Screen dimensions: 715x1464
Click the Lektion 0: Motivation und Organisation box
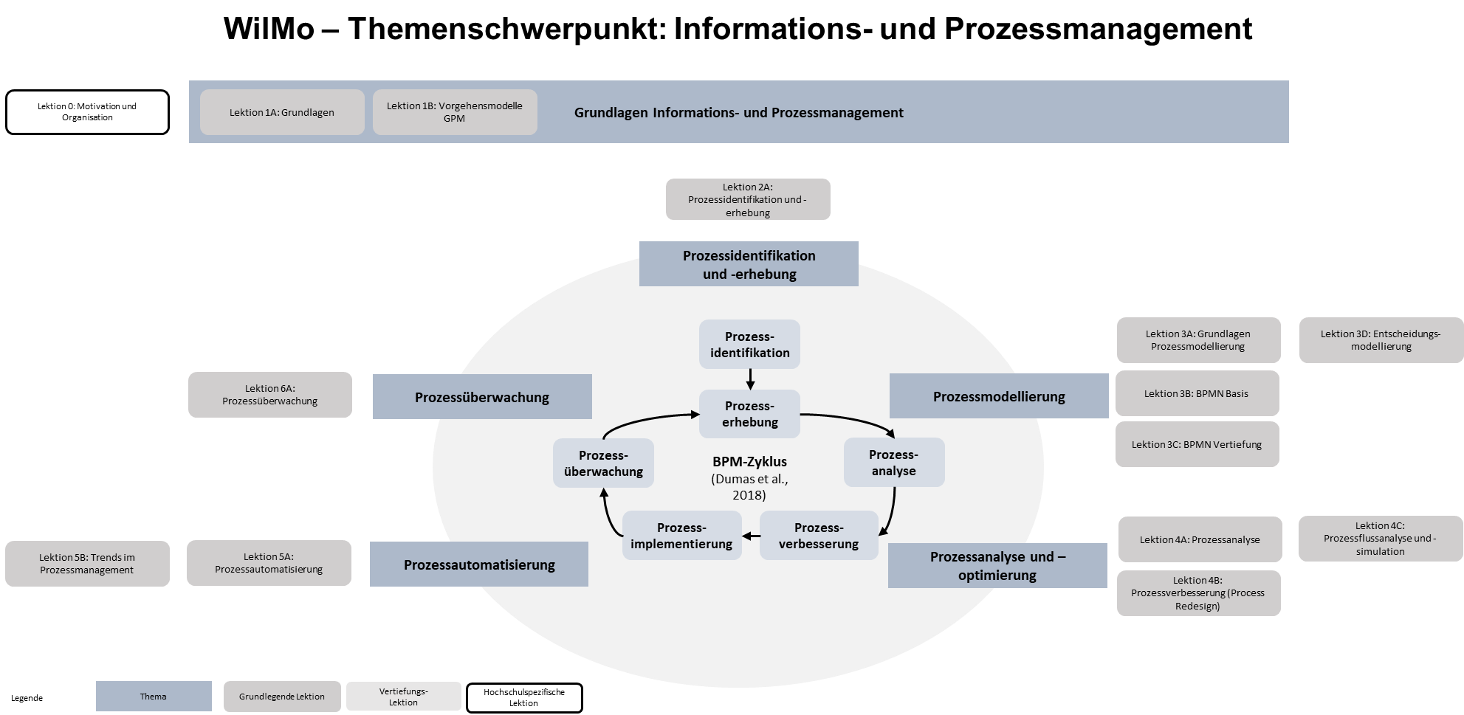coord(87,112)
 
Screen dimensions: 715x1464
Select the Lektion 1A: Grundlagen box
coord(282,112)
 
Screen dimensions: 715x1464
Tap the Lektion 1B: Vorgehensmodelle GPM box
coord(455,112)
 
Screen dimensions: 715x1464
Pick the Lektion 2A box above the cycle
coord(748,199)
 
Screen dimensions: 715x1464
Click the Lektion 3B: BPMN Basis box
coord(1197,393)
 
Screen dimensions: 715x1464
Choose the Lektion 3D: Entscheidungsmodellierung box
coord(1381,340)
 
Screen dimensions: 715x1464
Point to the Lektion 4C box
coord(1380,539)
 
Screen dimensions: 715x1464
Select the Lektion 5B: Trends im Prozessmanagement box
coord(87,564)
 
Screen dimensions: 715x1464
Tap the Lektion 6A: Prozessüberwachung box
coord(270,395)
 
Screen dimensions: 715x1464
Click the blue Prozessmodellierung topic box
coord(999,396)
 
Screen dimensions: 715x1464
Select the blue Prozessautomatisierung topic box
coord(479,564)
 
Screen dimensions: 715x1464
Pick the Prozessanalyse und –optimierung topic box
coord(997,566)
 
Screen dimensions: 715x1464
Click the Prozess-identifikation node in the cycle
coord(749,345)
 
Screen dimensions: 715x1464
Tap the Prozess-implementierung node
coord(681,536)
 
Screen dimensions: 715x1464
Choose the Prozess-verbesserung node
coord(819,536)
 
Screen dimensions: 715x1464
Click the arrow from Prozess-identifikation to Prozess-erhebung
coord(750,379)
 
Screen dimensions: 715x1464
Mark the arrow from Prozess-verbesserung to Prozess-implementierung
coord(751,536)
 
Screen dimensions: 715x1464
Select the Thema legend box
coord(154,697)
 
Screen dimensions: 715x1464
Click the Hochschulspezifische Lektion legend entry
coord(524,697)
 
